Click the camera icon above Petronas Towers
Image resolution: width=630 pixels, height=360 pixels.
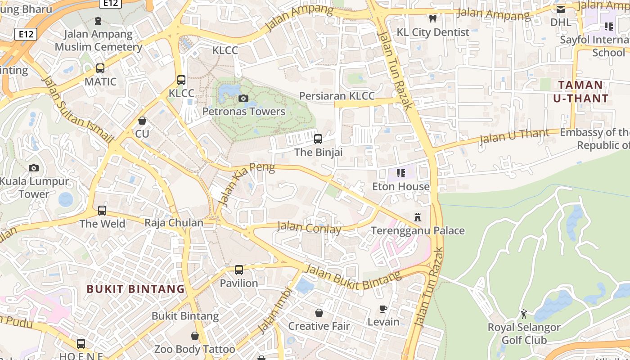243,98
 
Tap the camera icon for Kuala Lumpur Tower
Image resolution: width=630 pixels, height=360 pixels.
34,168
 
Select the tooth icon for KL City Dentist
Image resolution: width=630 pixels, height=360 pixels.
433,19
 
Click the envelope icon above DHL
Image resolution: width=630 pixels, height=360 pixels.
561,9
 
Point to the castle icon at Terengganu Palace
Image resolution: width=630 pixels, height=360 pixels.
418,217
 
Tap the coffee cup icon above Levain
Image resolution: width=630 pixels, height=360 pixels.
383,309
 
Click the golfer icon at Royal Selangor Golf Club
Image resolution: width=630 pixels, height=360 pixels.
524,314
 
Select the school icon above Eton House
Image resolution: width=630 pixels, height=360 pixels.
400,173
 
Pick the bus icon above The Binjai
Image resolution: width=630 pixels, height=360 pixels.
318,139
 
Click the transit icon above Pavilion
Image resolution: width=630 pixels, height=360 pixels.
239,270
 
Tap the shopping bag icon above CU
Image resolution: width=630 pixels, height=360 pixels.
142,121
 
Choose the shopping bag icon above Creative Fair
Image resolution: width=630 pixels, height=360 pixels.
319,313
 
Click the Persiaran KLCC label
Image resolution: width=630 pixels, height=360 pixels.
337,96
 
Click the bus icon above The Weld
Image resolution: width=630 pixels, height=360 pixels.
102,211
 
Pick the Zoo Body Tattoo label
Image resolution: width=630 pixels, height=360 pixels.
194,349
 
